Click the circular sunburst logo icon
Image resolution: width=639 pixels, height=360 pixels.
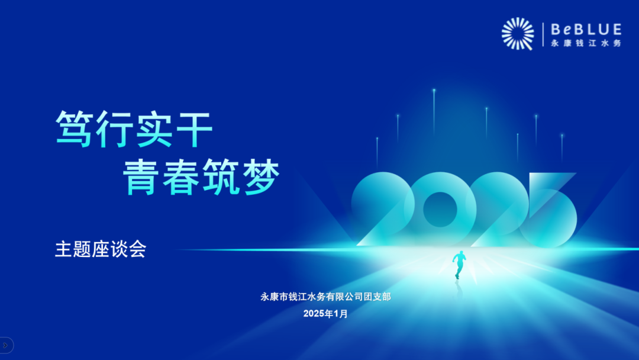click(x=518, y=34)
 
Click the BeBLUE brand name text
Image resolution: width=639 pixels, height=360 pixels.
click(x=586, y=30)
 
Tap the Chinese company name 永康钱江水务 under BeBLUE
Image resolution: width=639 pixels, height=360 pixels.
click(x=586, y=43)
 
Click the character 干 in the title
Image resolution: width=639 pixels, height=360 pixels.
click(x=194, y=129)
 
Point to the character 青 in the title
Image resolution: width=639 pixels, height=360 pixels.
click(x=141, y=177)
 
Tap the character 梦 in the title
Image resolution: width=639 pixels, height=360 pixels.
click(x=261, y=177)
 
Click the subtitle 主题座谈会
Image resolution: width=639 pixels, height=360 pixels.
click(x=101, y=249)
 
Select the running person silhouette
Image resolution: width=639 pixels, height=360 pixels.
click(x=459, y=265)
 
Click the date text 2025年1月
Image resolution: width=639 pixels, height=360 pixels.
click(x=325, y=314)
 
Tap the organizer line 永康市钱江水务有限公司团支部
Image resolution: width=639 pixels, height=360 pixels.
click(x=325, y=297)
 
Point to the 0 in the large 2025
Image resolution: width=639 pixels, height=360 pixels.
click(x=440, y=209)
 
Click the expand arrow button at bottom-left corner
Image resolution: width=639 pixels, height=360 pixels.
click(x=5, y=345)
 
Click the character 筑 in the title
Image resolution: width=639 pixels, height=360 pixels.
click(x=221, y=177)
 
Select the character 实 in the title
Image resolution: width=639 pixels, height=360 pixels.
click(x=154, y=129)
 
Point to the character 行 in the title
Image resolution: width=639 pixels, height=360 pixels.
click(x=114, y=129)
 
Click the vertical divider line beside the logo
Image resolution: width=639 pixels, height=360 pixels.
click(x=543, y=35)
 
